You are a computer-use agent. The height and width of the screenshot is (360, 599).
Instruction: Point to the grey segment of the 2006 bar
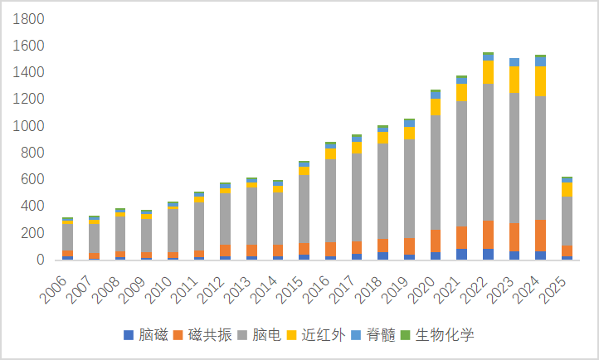[x=67, y=237]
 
